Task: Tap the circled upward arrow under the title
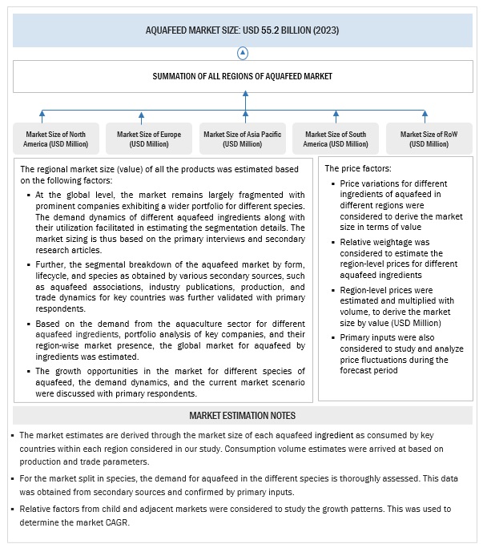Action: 242,52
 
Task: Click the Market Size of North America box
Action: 55,139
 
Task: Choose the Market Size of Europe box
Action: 149,139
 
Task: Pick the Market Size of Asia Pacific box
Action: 242,139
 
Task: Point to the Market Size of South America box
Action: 336,139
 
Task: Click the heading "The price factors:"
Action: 357,169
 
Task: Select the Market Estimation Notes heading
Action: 242,415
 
